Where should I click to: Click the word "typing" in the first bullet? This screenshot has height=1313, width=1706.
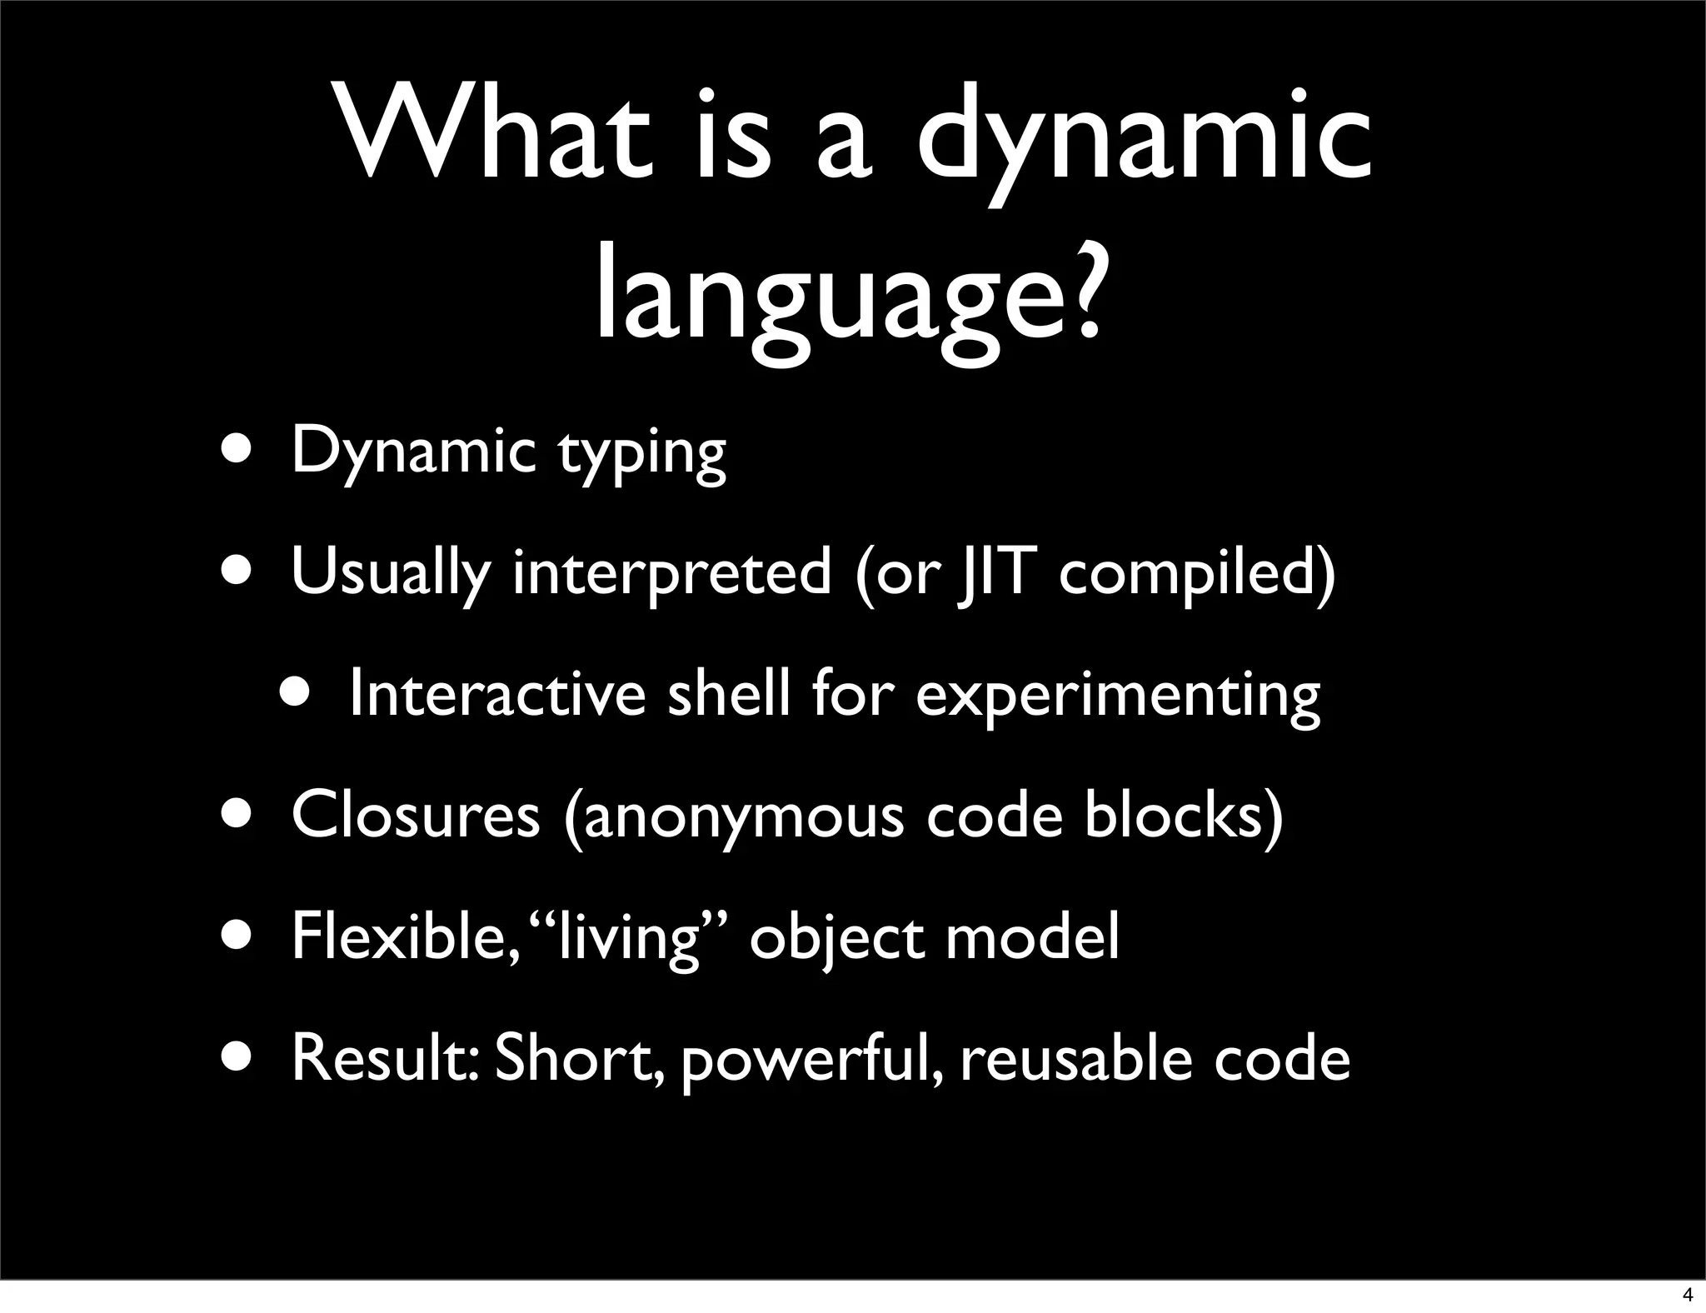[x=641, y=455]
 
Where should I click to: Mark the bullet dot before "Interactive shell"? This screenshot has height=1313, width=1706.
[x=297, y=691]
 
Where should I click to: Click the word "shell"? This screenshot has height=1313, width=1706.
[x=729, y=693]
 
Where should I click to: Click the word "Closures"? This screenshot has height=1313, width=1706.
[x=416, y=815]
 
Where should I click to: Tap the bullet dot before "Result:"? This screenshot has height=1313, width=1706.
[x=239, y=1056]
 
